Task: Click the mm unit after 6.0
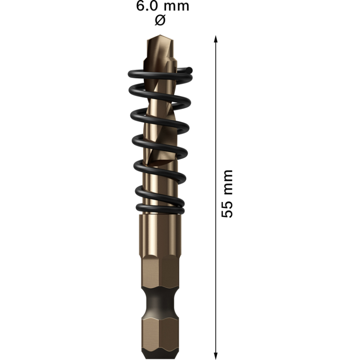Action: pyautogui.click(x=176, y=7)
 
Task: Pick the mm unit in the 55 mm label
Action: pyautogui.click(x=228, y=183)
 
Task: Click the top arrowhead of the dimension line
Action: pyautogui.click(x=216, y=40)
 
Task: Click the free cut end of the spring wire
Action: pyautogui.click(x=190, y=70)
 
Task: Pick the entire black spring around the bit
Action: pyautogui.click(x=160, y=139)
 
